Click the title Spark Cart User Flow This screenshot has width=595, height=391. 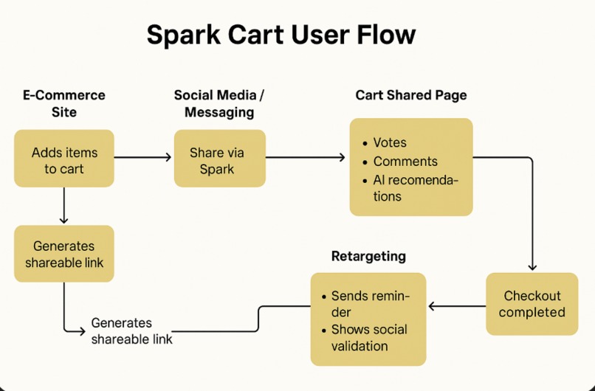[x=281, y=35]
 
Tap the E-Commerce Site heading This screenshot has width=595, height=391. [x=64, y=104]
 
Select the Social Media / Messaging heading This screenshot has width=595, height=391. [x=219, y=104]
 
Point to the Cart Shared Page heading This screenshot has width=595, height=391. [x=410, y=95]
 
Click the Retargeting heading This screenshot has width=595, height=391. [x=368, y=257]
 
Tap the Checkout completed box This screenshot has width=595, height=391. [x=532, y=304]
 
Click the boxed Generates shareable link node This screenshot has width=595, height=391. [x=64, y=254]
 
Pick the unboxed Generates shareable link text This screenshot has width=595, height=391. [x=131, y=331]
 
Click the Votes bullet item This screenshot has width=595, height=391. [x=389, y=143]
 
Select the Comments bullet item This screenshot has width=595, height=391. [x=405, y=162]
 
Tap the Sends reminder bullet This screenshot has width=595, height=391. [x=369, y=304]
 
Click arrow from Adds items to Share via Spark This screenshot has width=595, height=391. [x=143, y=157]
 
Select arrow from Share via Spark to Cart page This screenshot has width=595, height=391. [x=305, y=157]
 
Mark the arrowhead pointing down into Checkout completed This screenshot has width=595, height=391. [x=532, y=267]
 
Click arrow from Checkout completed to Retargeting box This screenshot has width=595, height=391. [x=455, y=305]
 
